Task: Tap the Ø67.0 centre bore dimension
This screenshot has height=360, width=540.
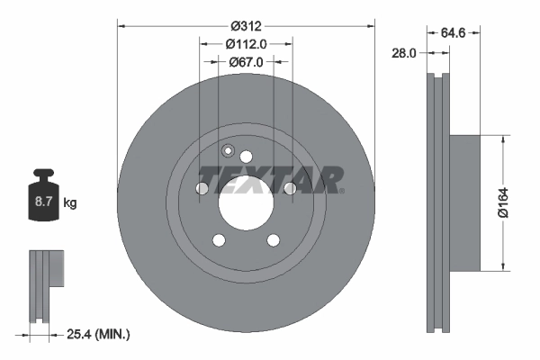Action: [246, 62]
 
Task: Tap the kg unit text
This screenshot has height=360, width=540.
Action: [70, 203]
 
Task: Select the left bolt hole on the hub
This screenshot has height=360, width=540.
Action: [201, 189]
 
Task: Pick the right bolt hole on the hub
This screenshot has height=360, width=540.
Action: [290, 189]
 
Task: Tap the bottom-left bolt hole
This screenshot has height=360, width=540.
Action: [219, 239]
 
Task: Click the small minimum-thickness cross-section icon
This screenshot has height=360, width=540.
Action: [45, 283]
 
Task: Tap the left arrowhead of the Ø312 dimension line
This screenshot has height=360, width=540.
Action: [122, 24]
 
